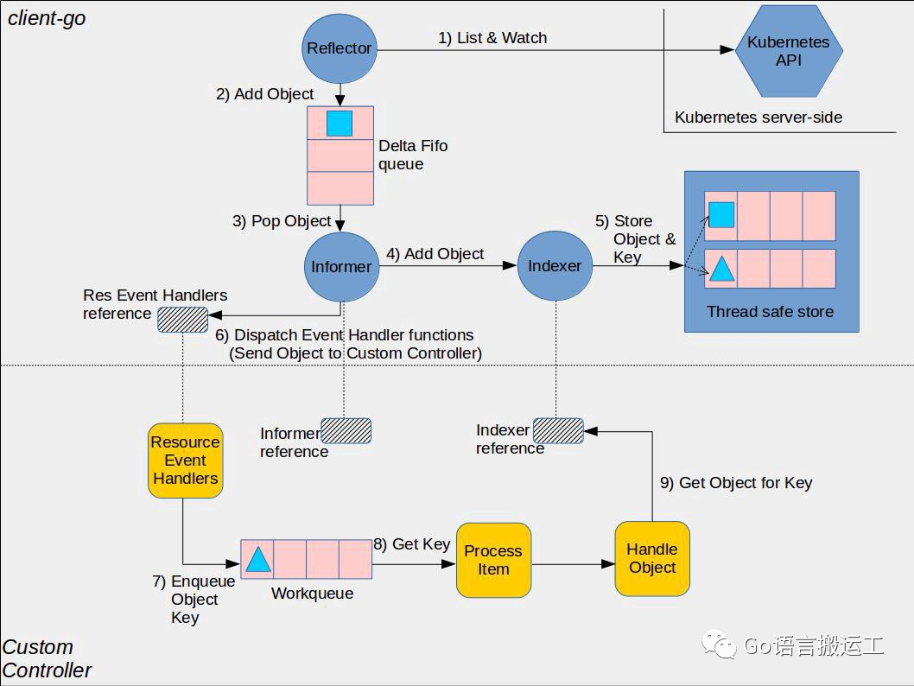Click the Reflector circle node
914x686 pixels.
click(x=339, y=48)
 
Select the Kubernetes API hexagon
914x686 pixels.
click(x=788, y=51)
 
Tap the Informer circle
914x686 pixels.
click(x=340, y=267)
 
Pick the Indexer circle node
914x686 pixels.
click(x=555, y=267)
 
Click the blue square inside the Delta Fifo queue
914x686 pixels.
click(x=340, y=124)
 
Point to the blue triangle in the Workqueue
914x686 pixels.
click(x=257, y=560)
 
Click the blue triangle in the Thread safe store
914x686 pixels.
click(x=721, y=270)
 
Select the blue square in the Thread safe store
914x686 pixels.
click(x=721, y=214)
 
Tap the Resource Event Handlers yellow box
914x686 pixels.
click(x=185, y=461)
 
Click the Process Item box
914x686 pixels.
click(x=493, y=560)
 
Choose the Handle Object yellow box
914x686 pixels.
click(x=652, y=559)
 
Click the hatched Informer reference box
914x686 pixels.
click(x=346, y=431)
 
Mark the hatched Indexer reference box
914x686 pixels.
click(x=558, y=430)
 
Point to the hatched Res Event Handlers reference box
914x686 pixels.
click(x=182, y=320)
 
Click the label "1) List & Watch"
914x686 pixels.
click(x=492, y=38)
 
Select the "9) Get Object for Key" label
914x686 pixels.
click(x=736, y=483)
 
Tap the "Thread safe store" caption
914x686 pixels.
click(x=770, y=312)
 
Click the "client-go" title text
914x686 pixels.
click(x=47, y=18)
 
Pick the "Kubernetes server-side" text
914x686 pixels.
click(x=758, y=118)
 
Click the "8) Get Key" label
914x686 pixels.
click(x=412, y=544)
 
